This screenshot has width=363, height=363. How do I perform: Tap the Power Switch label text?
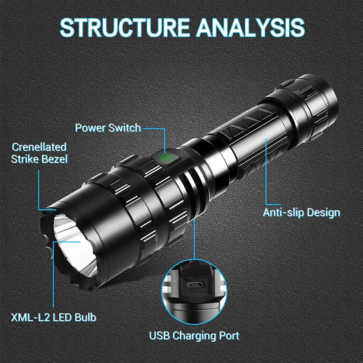coord(108,128)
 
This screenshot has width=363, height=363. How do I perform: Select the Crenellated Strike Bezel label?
coord(39,153)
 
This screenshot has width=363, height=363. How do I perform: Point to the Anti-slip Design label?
coord(302,212)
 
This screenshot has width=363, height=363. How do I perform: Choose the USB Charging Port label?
coord(195,335)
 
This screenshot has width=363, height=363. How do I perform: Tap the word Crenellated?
coord(39,147)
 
